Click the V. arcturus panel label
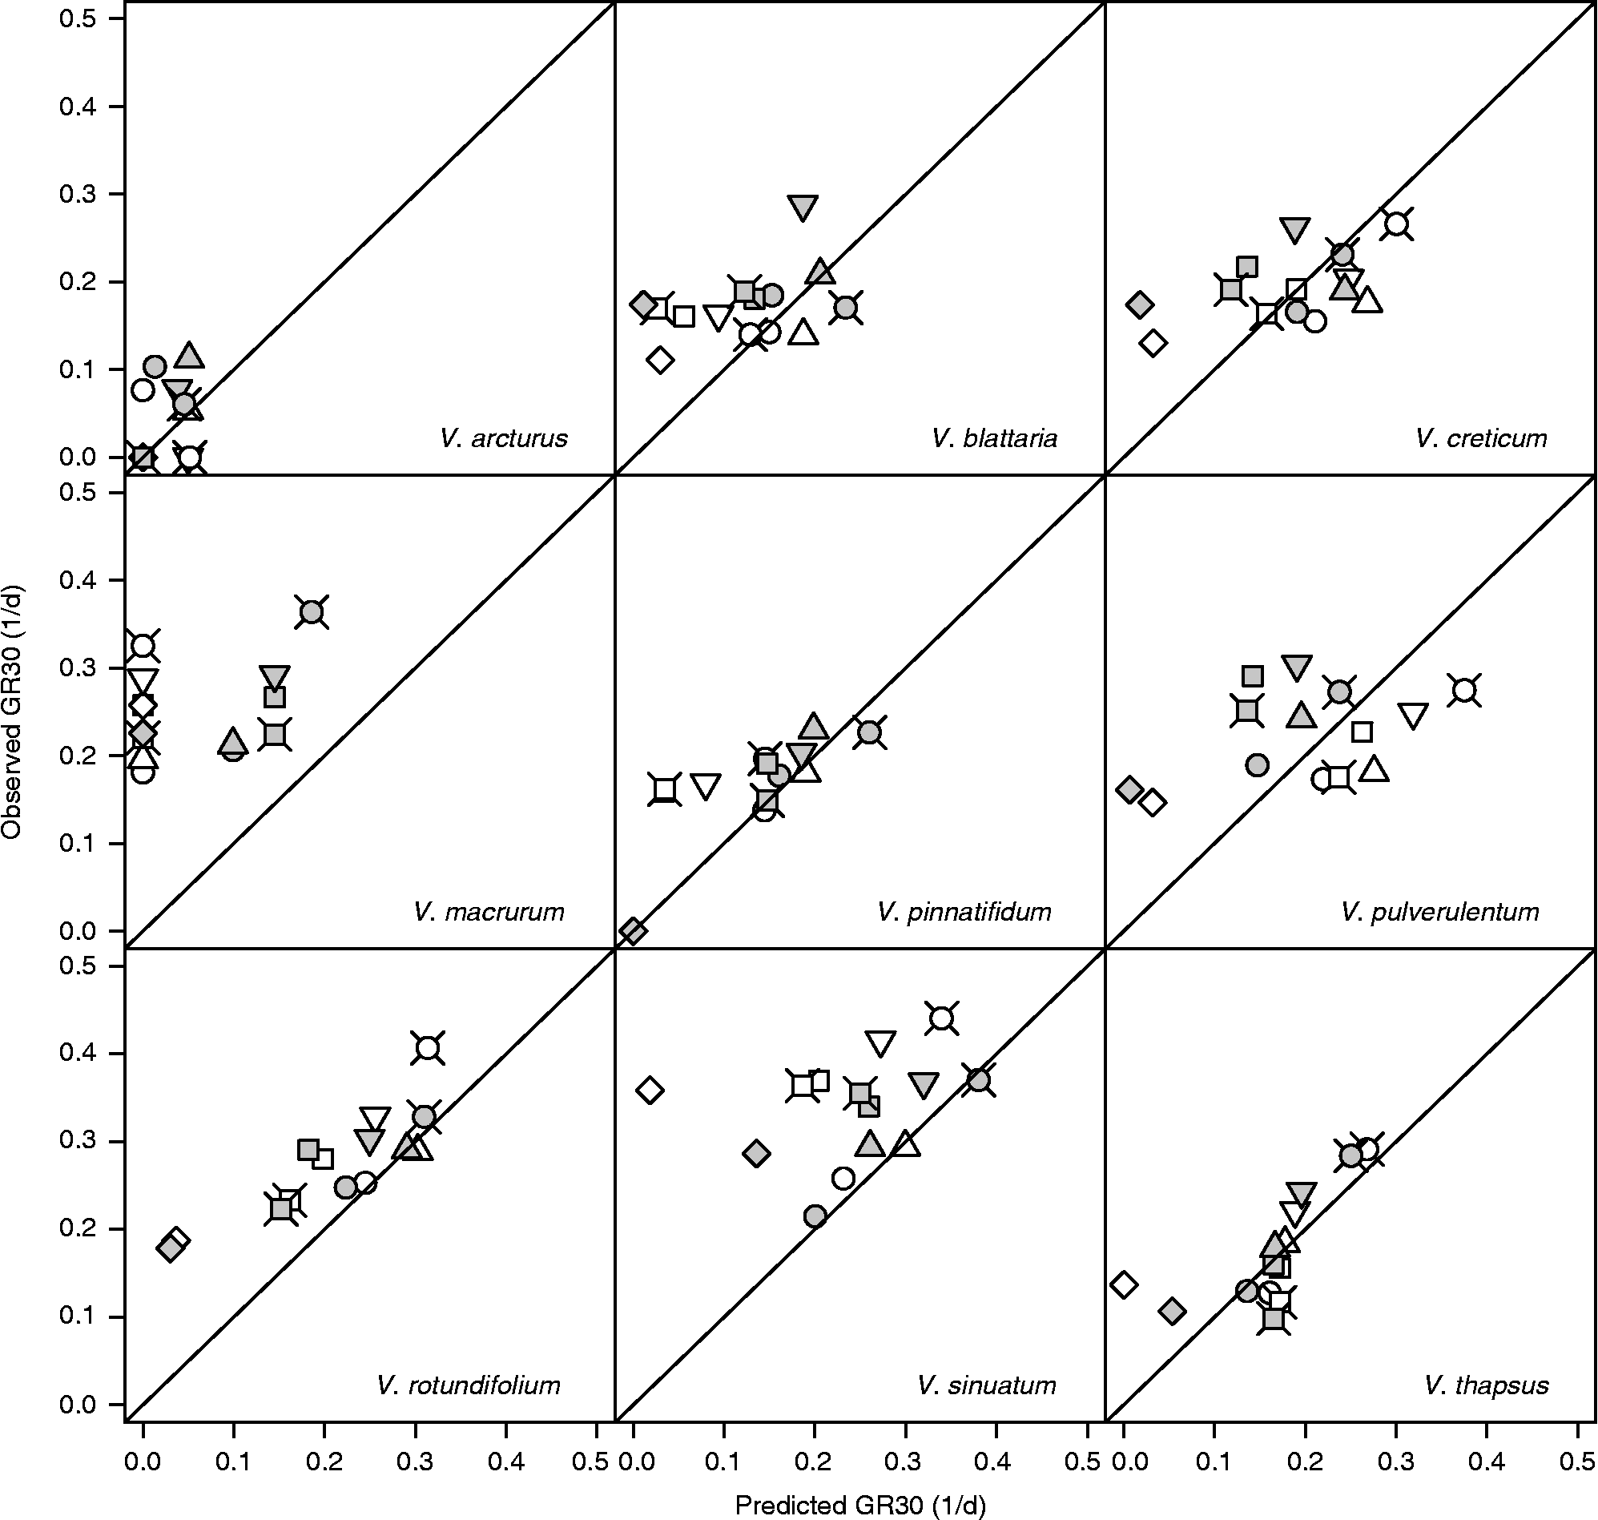coord(504,438)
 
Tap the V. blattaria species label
coord(995,438)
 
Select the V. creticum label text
coord(1481,438)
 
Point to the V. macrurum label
coord(489,912)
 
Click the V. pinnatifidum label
coord(964,912)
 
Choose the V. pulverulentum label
coord(1440,912)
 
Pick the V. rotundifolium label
coord(468,1385)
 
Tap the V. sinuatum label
coord(987,1385)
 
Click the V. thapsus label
coord(1486,1385)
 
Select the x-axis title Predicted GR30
coord(859,1505)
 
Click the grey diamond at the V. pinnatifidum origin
coord(634,930)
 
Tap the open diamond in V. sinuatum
coord(650,1091)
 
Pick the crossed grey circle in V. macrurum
coord(312,611)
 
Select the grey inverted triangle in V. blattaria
coord(803,207)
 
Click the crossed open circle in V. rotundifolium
coord(428,1047)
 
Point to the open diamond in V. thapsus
coord(1123,1284)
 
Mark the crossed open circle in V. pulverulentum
coord(1464,690)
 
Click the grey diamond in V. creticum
coord(1140,304)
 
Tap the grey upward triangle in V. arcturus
coord(190,354)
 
